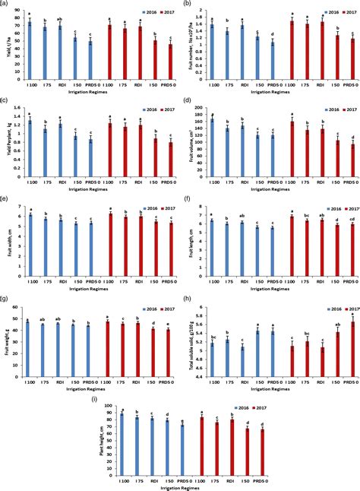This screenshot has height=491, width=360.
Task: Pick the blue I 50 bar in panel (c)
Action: coord(74,148)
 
